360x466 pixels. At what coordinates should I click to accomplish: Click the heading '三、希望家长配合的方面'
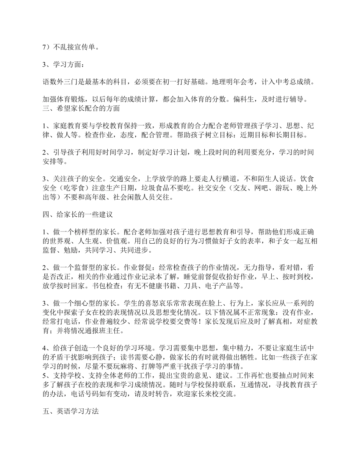(81, 108)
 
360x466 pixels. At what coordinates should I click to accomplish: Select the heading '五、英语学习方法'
(70, 411)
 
